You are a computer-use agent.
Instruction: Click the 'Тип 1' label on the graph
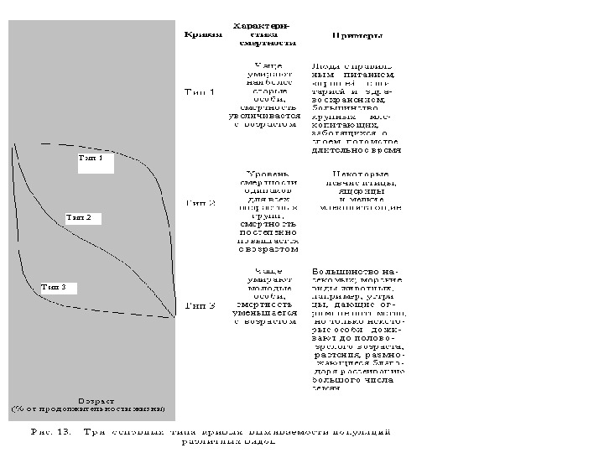pos(91,158)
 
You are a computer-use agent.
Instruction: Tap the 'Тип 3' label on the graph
pos(54,287)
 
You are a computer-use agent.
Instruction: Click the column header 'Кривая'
pos(203,34)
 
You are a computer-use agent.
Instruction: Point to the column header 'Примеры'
pos(357,36)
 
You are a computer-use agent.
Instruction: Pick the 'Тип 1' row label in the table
pos(199,92)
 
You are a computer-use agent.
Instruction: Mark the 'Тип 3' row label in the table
pos(200,305)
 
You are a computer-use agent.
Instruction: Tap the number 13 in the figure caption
pos(60,433)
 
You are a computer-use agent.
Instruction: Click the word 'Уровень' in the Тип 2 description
pos(268,174)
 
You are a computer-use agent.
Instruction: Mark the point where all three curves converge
pos(174,315)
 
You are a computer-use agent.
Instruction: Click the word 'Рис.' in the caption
pos(39,433)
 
